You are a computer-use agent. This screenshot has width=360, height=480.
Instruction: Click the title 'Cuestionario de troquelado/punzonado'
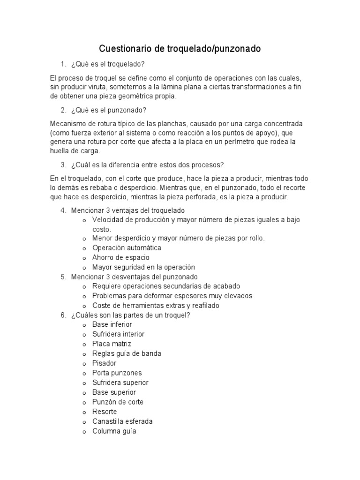click(180, 49)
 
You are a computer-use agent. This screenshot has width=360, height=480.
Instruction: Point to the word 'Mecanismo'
click(67, 124)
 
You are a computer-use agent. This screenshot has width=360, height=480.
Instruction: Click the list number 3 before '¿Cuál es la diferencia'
click(63, 165)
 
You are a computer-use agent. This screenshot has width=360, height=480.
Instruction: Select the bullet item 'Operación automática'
click(127, 248)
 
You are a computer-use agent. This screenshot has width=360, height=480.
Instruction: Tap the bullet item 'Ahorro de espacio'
click(120, 257)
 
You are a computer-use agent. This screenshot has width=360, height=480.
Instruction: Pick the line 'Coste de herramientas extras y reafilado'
click(156, 306)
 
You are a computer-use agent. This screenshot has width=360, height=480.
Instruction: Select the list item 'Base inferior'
click(112, 324)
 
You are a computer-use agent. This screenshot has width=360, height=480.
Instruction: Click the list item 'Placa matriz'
click(112, 344)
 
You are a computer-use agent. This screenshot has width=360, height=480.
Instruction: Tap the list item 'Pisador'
click(104, 363)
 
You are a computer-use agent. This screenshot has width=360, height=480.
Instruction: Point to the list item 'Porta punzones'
click(117, 373)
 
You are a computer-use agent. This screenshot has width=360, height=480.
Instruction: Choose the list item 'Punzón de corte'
click(118, 402)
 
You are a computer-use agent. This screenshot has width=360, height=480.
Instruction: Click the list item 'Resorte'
click(105, 412)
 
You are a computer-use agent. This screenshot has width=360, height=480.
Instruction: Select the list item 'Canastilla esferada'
click(122, 421)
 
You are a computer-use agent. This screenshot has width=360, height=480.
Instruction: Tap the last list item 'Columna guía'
click(114, 431)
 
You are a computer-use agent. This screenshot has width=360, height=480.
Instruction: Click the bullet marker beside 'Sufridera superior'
click(84, 383)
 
